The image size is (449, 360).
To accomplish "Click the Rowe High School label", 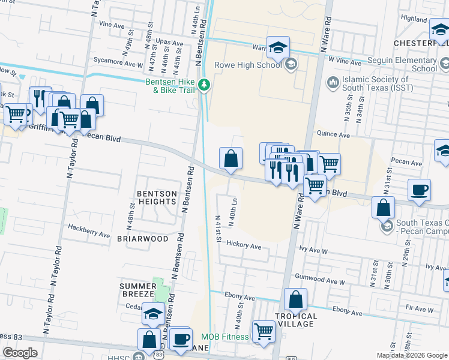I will (247, 65).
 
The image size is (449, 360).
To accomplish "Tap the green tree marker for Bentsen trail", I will (205, 85).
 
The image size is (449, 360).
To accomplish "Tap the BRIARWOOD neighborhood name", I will (142, 238).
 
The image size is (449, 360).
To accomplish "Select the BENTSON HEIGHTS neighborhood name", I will (157, 198).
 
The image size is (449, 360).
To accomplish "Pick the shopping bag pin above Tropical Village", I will (295, 299).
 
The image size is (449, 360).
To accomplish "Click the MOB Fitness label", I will (224, 337).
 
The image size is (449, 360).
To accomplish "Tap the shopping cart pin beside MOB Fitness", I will (263, 331).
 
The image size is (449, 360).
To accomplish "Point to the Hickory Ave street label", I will (244, 246).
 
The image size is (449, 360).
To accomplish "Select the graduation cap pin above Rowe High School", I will (278, 47).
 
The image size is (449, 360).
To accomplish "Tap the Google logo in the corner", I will (20, 353).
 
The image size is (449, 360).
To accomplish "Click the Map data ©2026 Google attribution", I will (412, 355).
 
